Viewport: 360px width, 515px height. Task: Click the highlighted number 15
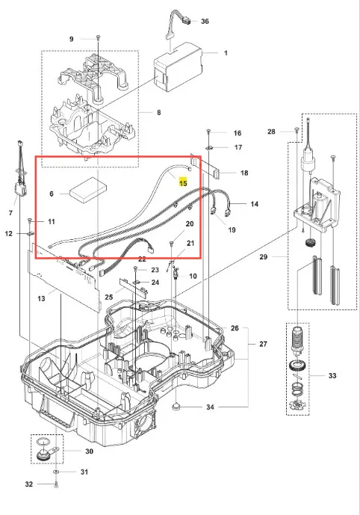183,182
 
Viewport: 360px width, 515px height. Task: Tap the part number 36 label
205,22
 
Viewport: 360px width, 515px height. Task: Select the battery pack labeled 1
179,67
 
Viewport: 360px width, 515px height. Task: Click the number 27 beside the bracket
263,344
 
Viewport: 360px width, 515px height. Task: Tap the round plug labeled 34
177,407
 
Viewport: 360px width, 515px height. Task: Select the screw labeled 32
56,484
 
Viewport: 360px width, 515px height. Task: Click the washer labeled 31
56,472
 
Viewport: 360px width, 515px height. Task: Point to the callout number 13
41,298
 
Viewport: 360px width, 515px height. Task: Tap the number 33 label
332,375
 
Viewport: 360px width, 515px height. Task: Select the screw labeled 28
297,130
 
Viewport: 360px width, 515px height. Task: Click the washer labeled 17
211,148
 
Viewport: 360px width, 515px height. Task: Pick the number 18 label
244,173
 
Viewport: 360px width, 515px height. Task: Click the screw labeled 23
135,269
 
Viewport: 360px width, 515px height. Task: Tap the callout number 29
264,257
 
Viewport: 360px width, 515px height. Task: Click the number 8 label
159,113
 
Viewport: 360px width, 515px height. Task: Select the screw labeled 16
208,132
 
